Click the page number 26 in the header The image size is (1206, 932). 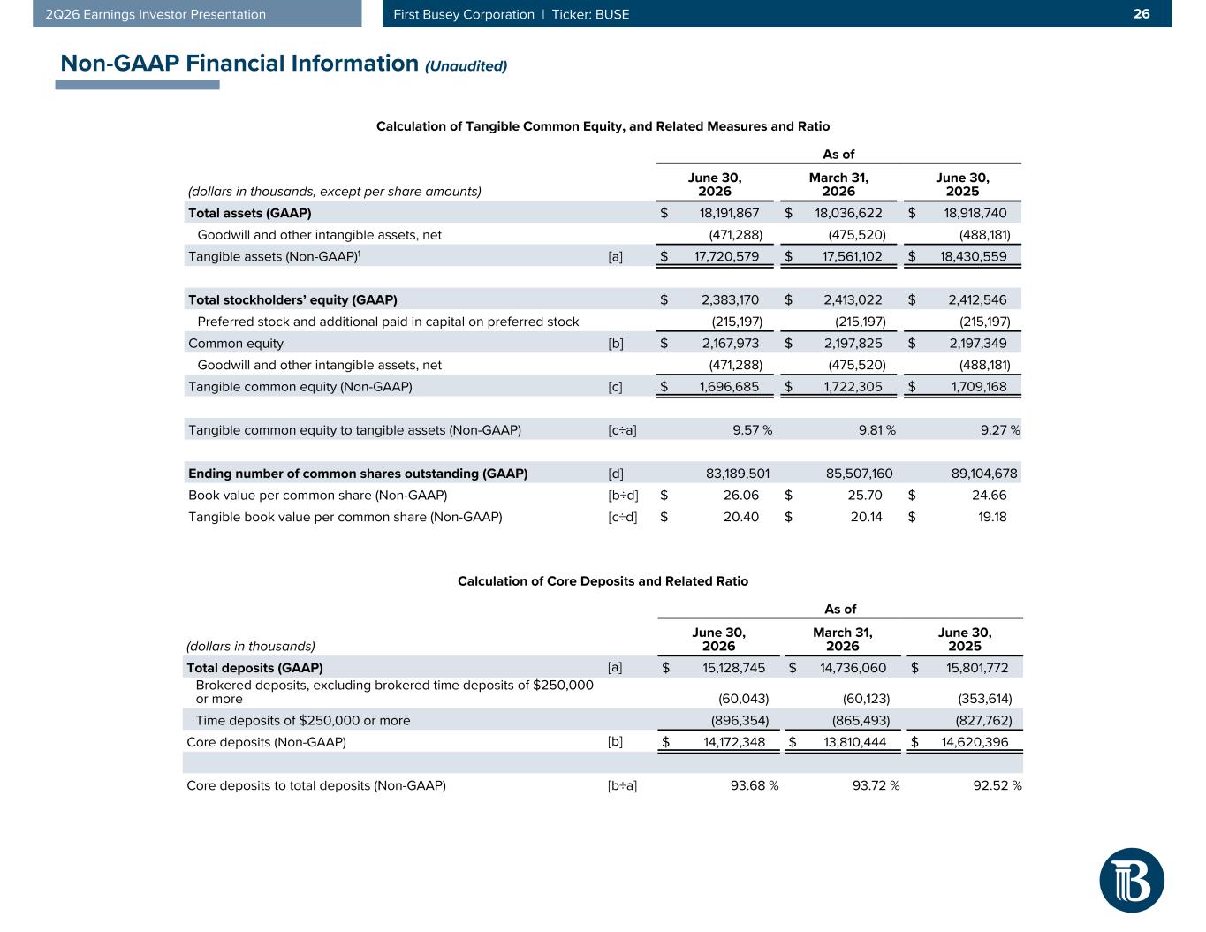click(1142, 14)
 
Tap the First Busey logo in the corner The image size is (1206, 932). click(1131, 880)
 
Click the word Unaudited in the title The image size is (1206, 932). click(466, 66)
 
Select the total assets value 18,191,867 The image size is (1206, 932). click(729, 213)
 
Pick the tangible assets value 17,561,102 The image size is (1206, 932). click(852, 256)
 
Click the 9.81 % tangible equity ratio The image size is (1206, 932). click(876, 430)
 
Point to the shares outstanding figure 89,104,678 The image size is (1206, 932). click(984, 474)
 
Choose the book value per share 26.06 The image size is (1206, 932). click(741, 495)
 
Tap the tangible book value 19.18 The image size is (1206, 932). click(992, 517)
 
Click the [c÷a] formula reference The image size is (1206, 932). click(622, 430)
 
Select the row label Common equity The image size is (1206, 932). click(236, 344)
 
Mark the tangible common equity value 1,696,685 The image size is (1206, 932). click(729, 387)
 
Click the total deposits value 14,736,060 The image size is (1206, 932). click(853, 667)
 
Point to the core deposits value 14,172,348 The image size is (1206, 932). click(734, 742)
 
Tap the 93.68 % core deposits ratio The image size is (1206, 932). click(755, 785)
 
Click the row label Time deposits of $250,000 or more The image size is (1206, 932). click(303, 720)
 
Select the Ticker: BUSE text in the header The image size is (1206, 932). click(590, 14)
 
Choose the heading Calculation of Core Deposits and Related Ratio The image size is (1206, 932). click(603, 580)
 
